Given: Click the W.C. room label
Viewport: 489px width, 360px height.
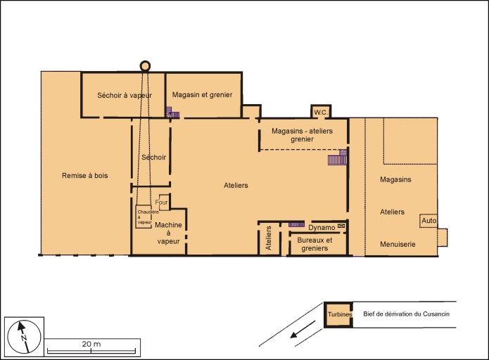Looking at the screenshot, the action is (321, 112).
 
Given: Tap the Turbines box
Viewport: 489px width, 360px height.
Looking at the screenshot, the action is (338, 314).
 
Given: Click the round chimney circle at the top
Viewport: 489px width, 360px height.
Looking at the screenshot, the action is (145, 66).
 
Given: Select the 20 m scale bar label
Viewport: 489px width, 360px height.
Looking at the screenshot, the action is (91, 344).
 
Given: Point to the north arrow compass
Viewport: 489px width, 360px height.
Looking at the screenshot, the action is (24, 337).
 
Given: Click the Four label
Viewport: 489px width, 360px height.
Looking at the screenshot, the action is (161, 202).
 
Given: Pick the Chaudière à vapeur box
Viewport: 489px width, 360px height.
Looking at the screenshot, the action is (144, 217).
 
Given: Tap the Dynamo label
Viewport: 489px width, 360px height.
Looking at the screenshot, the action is (322, 228).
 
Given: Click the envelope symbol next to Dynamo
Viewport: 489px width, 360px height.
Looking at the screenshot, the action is (341, 225).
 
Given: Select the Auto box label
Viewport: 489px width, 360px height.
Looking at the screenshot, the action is (428, 221).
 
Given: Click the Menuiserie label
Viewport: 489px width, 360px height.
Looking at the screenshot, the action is (398, 244).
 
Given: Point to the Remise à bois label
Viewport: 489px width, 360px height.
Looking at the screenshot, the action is (85, 176).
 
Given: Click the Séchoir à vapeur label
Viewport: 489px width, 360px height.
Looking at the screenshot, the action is (125, 95).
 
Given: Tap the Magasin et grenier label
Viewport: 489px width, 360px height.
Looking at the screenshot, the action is (202, 94).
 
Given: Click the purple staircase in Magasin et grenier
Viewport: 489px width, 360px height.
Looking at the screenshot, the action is (172, 112).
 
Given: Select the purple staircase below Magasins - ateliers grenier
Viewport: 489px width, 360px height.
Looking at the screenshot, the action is (338, 157).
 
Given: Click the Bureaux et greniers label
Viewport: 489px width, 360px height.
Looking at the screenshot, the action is (315, 244).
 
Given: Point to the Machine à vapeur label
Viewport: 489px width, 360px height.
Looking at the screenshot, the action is (168, 233).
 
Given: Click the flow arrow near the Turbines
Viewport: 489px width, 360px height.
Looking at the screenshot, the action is (303, 329).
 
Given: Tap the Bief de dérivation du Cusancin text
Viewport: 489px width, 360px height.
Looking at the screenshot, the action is (406, 314).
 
